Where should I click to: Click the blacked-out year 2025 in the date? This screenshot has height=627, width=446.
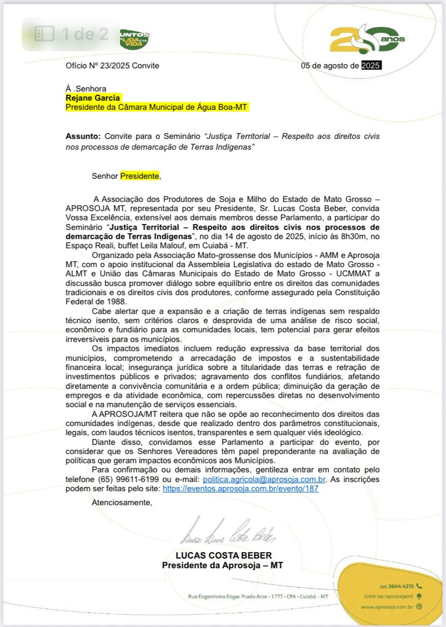click(371, 66)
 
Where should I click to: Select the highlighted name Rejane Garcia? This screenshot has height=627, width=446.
click(93, 98)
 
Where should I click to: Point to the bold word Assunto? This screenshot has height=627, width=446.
click(83, 136)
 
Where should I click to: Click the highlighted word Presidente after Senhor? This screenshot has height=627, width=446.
click(140, 176)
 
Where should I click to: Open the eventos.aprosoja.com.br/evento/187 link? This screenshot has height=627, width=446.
click(240, 489)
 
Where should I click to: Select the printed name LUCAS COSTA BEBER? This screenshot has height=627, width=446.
click(224, 555)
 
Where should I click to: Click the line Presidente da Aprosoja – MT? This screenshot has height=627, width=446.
click(222, 565)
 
